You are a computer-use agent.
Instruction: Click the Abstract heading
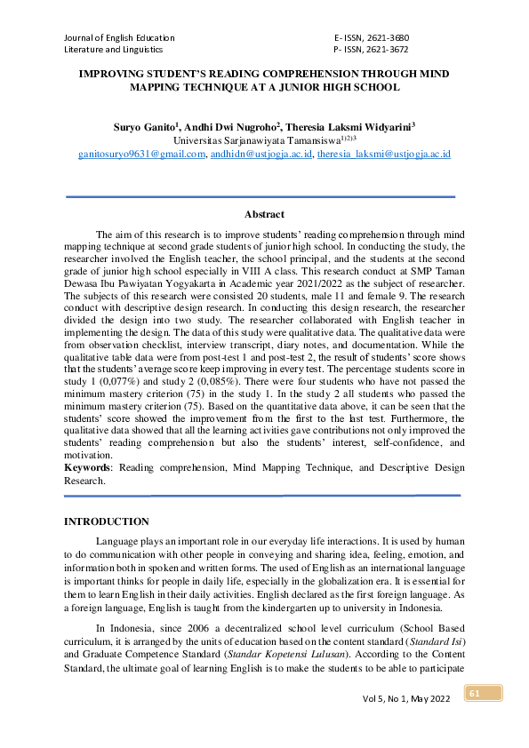pyautogui.click(x=264, y=214)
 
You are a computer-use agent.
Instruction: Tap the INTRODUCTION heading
pyautogui.click(x=107, y=521)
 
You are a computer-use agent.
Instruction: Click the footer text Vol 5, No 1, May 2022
pyautogui.click(x=407, y=699)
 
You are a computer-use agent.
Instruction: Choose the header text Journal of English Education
pyautogui.click(x=119, y=38)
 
